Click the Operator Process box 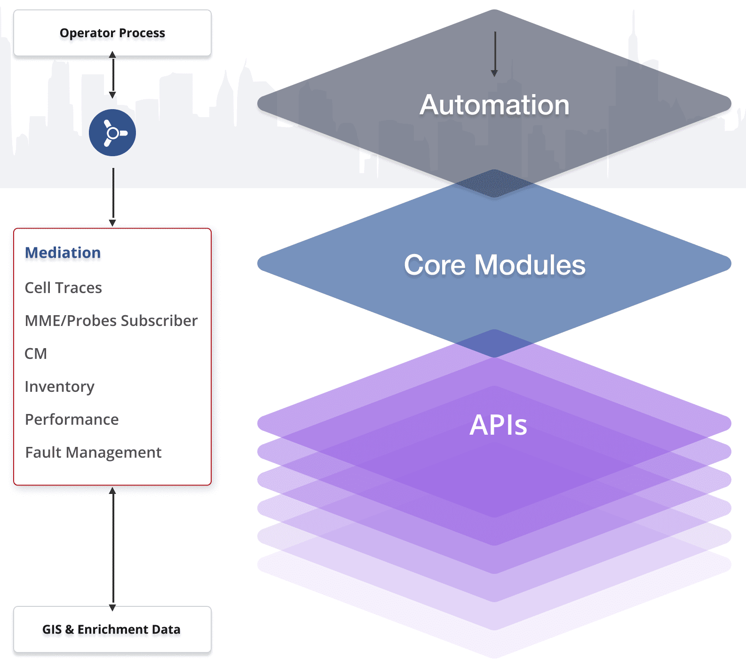click(112, 33)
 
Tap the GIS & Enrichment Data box click(112, 629)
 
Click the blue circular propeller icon click(112, 133)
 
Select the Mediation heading click(63, 253)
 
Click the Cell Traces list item click(63, 287)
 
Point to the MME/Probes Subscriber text click(111, 320)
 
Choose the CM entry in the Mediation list click(36, 353)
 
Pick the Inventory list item click(59, 386)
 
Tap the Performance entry click(71, 419)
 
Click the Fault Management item click(93, 452)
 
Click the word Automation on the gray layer click(494, 104)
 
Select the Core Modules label click(494, 264)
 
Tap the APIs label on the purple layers click(498, 425)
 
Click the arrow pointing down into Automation click(494, 54)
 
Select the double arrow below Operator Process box click(112, 75)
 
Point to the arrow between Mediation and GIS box click(112, 549)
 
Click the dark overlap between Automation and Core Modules click(494, 183)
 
